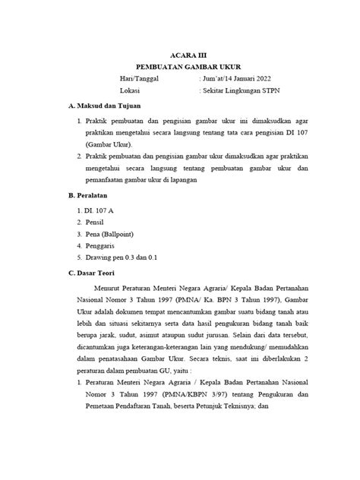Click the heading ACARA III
(x=181, y=55)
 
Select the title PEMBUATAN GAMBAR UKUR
(x=180, y=68)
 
